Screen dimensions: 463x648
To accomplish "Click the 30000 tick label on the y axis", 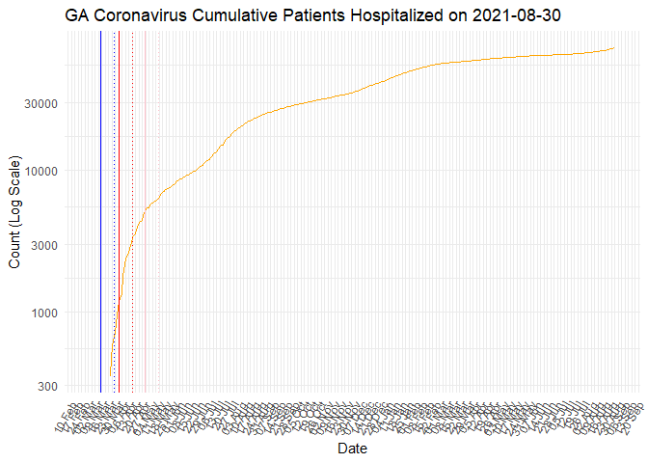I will (x=41, y=103).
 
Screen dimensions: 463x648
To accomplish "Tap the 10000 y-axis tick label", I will (x=41, y=172).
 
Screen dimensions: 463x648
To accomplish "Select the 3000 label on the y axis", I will (x=45, y=245).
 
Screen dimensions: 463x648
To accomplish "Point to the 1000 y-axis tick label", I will (x=45, y=313).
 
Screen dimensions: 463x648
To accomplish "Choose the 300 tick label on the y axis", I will (x=48, y=387).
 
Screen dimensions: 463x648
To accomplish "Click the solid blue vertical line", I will (x=100, y=193).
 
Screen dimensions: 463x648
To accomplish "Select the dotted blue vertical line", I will (x=114, y=193).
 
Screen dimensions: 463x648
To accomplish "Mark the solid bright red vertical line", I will (x=119, y=193).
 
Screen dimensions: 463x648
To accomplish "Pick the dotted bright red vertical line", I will (x=132, y=193).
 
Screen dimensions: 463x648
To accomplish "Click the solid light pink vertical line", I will (x=146, y=193).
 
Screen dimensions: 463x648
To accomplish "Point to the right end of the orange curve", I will (x=614, y=48).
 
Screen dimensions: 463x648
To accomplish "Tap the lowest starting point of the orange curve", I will (x=110, y=375).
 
